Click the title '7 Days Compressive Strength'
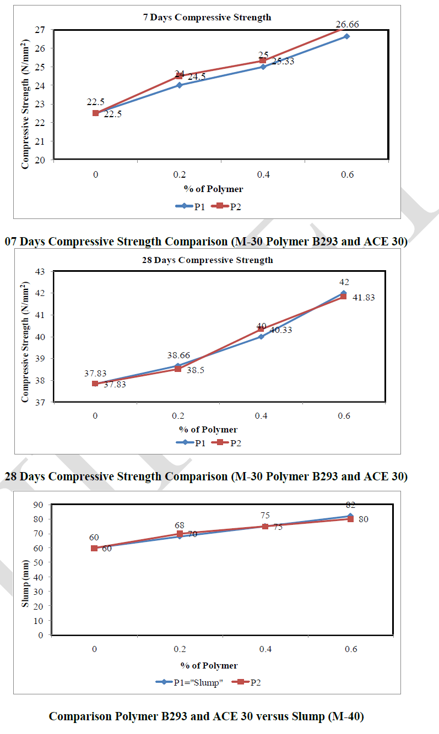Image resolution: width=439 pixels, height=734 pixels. pyautogui.click(x=207, y=17)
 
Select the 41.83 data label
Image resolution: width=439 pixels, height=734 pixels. pyautogui.click(x=364, y=297)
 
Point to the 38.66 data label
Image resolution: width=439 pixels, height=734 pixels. pyautogui.click(x=177, y=355)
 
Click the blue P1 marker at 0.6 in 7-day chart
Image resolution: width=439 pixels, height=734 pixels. pyautogui.click(x=346, y=36)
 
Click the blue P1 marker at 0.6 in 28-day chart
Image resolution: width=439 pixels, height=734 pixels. pyautogui.click(x=344, y=293)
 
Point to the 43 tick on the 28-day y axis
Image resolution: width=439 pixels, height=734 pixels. pyautogui.click(x=42, y=271)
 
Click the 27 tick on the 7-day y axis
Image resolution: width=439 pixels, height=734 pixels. pyautogui.click(x=42, y=30)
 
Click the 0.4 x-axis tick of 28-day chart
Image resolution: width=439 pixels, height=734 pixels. pyautogui.click(x=261, y=416)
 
